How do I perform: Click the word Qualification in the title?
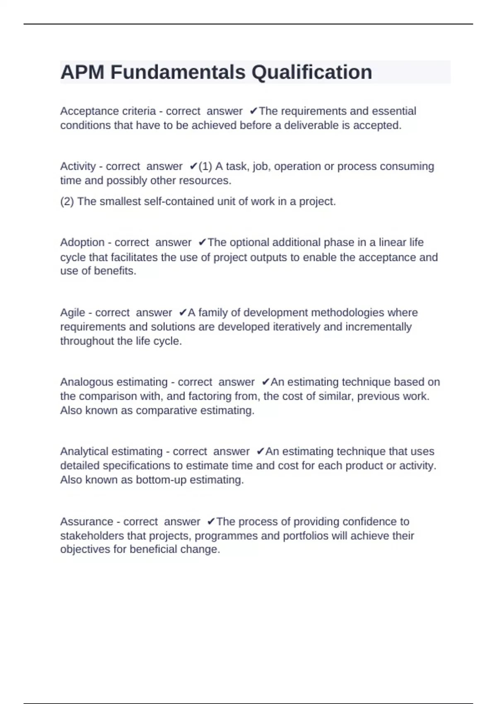311,72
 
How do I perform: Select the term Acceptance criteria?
108,111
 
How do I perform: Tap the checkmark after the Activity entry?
193,166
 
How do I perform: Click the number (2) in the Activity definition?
67,202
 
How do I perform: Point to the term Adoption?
82,242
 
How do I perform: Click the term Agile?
72,313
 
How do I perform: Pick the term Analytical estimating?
111,451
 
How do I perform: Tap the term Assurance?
86,521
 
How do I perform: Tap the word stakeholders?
92,536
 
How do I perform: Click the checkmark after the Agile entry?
183,313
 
